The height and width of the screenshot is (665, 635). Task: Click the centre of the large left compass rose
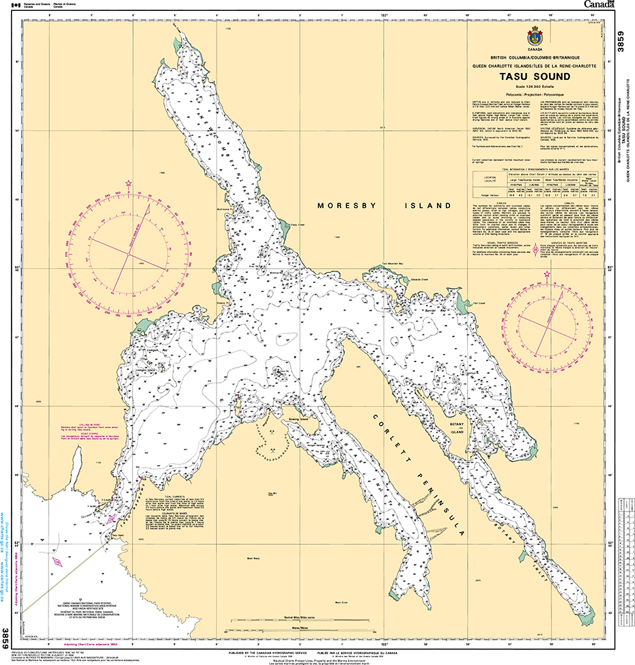126,255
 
